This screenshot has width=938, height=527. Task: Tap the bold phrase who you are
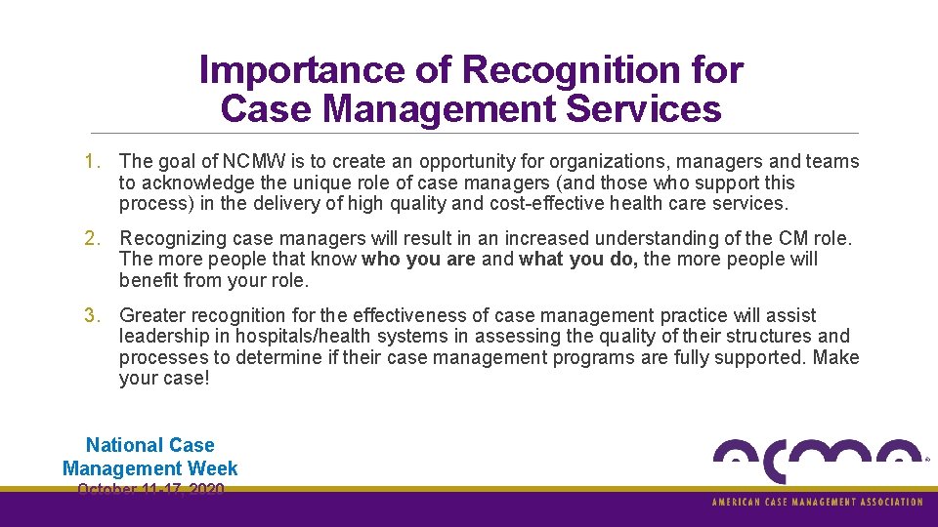[418, 260]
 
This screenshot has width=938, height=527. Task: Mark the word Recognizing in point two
[173, 238]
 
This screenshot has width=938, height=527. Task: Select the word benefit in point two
[148, 281]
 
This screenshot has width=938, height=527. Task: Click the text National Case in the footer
[149, 445]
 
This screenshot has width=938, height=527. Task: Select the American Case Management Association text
[817, 502]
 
